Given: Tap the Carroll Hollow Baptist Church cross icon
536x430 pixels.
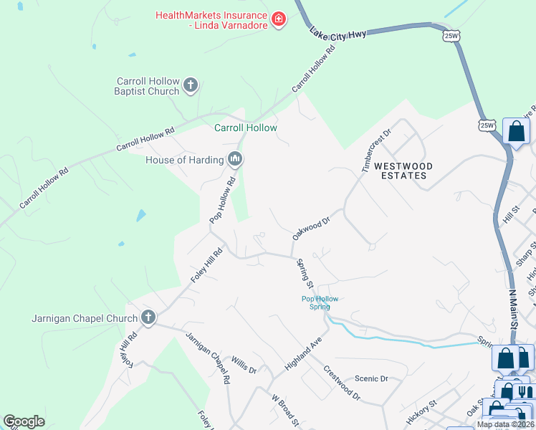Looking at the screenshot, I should [x=190, y=85].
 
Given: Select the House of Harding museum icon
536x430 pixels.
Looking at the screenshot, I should [x=234, y=158].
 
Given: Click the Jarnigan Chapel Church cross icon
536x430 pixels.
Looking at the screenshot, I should [x=148, y=317].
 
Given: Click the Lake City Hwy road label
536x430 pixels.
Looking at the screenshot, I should [x=338, y=34].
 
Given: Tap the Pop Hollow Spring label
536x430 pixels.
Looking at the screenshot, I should [x=319, y=302].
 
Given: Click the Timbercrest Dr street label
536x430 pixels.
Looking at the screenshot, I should [x=377, y=151].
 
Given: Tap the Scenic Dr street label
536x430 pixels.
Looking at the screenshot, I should [x=371, y=378].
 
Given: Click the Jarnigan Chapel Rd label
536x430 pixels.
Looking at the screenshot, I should [x=207, y=357].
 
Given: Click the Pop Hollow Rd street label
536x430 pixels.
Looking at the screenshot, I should [x=222, y=201].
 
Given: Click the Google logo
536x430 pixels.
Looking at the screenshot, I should [x=24, y=421].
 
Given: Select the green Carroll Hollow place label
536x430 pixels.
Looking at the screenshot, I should [x=246, y=128].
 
